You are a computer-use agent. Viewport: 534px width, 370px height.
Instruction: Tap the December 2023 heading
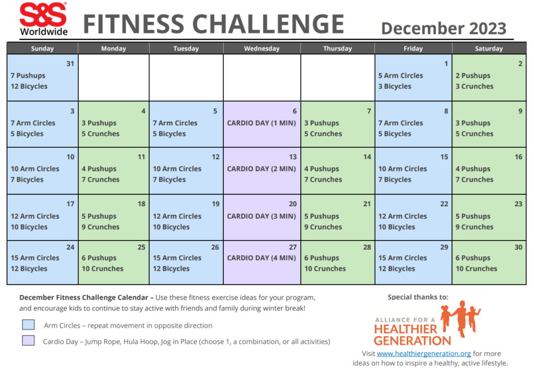tap(443, 28)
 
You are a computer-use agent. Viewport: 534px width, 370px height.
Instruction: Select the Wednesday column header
tap(262, 49)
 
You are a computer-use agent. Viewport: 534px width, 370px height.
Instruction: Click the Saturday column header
tap(489, 49)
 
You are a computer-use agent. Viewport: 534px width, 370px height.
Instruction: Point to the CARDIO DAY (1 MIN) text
tap(261, 123)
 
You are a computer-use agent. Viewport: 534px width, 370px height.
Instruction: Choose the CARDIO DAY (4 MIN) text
tap(261, 258)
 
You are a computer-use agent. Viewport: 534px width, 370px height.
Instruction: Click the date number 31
tap(70, 64)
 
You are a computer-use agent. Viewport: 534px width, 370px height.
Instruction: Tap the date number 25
tap(141, 247)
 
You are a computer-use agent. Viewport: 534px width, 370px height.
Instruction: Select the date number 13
tap(293, 157)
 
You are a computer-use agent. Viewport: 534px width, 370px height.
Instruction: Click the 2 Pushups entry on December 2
tap(473, 76)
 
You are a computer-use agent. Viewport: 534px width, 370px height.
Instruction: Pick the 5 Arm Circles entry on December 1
tap(400, 76)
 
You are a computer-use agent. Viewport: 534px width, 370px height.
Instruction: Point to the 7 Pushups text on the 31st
tap(28, 76)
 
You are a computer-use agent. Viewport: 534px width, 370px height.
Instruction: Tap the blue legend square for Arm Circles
tap(28, 325)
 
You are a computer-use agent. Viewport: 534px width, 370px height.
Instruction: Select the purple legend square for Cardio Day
tap(28, 341)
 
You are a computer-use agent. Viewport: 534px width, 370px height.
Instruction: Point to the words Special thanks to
tap(418, 297)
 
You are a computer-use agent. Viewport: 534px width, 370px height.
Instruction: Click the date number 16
tap(518, 157)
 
